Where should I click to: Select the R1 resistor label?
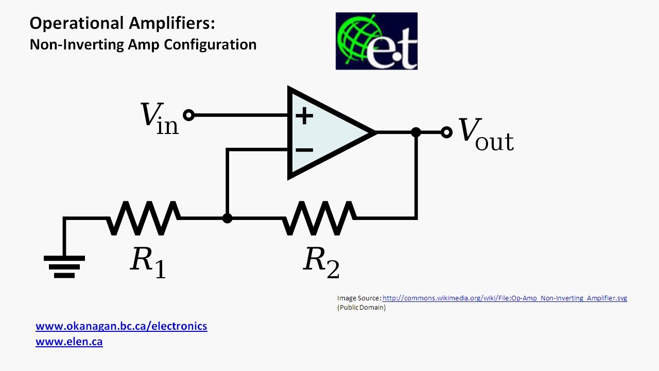click(x=148, y=261)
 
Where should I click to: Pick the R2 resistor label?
click(x=321, y=261)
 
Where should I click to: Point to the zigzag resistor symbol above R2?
click(x=319, y=218)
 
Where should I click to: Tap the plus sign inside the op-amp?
click(x=304, y=115)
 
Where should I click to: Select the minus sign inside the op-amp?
click(x=304, y=150)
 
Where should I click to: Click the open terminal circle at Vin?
click(x=189, y=115)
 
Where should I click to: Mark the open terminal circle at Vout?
click(x=447, y=132)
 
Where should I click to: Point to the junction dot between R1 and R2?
click(x=227, y=218)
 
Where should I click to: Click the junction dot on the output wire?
click(x=416, y=132)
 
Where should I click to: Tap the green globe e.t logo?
click(x=376, y=41)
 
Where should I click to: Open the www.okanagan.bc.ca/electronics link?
click(x=122, y=326)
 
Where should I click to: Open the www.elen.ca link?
click(x=69, y=341)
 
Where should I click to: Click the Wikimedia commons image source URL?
click(x=505, y=298)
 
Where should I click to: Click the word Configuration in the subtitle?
click(x=210, y=44)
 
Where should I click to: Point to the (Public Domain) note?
click(x=361, y=308)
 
